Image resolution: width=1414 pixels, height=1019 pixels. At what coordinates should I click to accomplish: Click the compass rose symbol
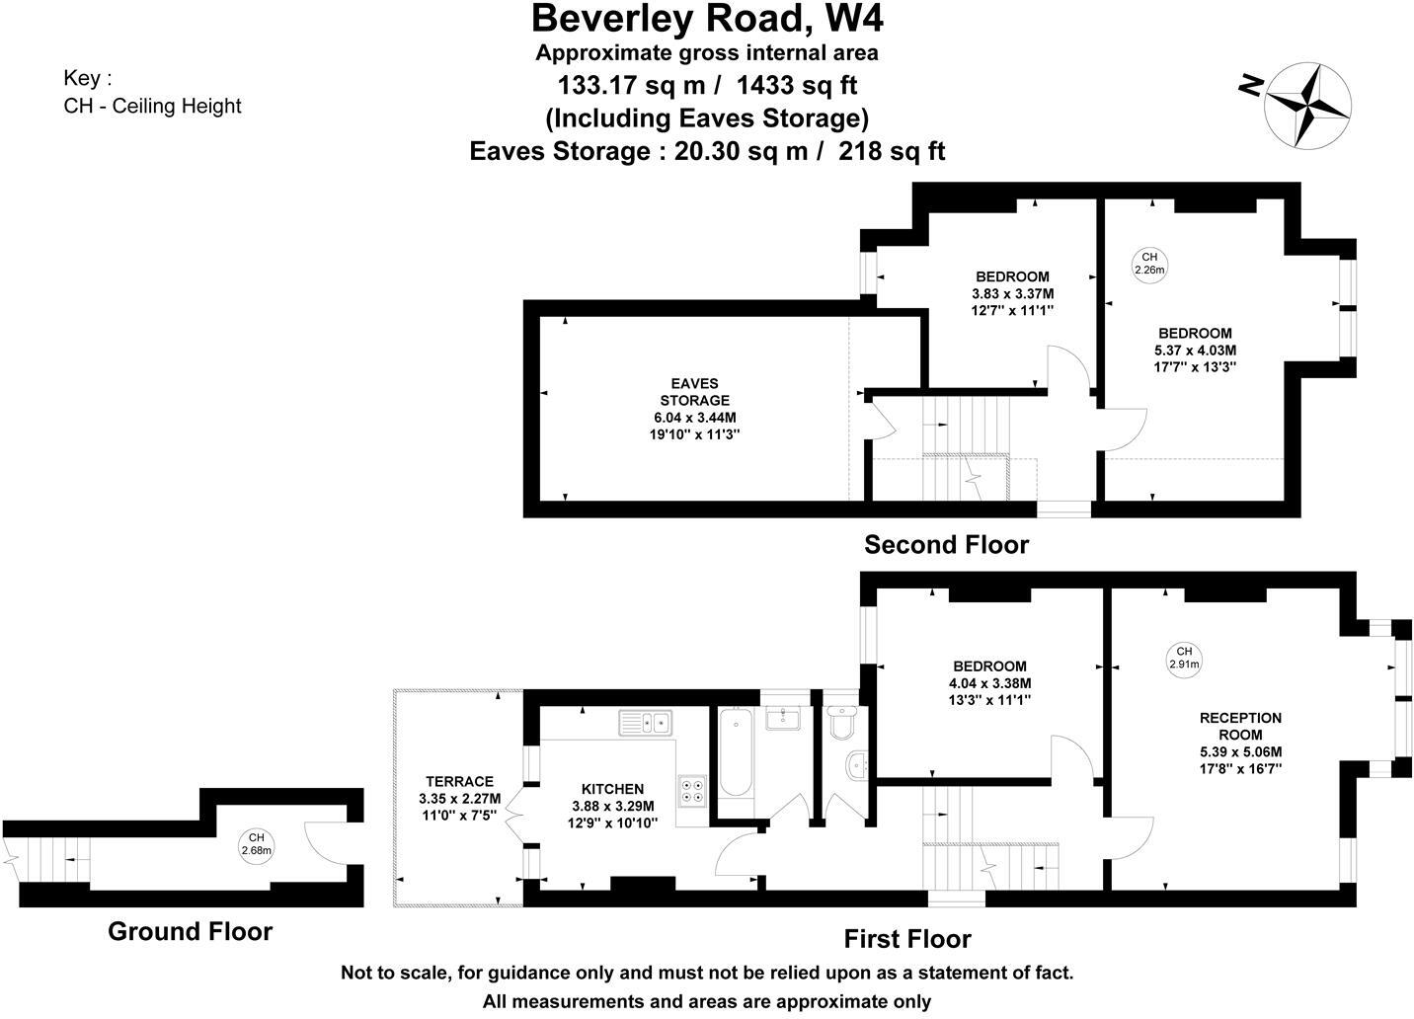pyautogui.click(x=1307, y=104)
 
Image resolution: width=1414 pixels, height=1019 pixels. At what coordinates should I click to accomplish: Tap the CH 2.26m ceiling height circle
pyautogui.click(x=1149, y=264)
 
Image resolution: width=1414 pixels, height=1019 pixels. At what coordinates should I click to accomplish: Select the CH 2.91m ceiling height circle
pyautogui.click(x=1183, y=658)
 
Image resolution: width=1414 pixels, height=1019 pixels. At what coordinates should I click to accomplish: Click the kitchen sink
pyautogui.click(x=645, y=724)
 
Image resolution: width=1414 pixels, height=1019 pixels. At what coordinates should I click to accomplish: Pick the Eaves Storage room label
pyautogui.click(x=694, y=392)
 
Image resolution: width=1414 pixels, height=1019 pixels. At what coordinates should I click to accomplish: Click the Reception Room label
pyautogui.click(x=1240, y=727)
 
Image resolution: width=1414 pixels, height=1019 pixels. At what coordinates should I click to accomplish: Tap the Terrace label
pyautogui.click(x=459, y=781)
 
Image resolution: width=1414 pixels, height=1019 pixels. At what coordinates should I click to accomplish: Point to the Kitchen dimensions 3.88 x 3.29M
pyautogui.click(x=612, y=806)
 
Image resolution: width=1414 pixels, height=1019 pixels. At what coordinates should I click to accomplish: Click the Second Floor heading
pyautogui.click(x=946, y=545)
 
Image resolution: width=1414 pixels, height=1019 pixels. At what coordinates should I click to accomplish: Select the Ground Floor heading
pyautogui.click(x=190, y=931)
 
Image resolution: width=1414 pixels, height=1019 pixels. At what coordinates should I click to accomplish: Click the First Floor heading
pyautogui.click(x=906, y=939)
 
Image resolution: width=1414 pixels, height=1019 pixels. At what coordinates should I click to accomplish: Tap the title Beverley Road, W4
pyautogui.click(x=707, y=18)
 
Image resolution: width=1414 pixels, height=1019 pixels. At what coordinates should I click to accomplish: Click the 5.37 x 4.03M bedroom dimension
pyautogui.click(x=1195, y=350)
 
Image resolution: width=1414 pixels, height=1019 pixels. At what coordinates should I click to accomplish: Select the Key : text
pyautogui.click(x=88, y=78)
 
